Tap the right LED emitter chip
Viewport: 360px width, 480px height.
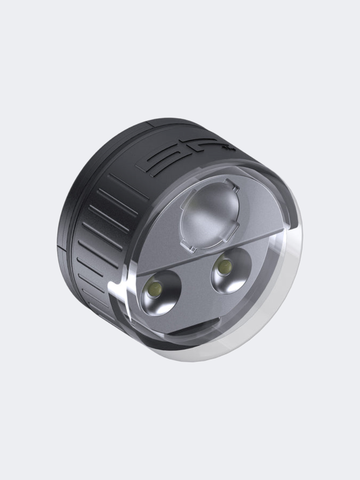tap(224, 268)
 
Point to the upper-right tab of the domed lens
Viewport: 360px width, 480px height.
tap(232, 185)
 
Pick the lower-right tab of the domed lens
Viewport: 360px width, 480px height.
tap(230, 234)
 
